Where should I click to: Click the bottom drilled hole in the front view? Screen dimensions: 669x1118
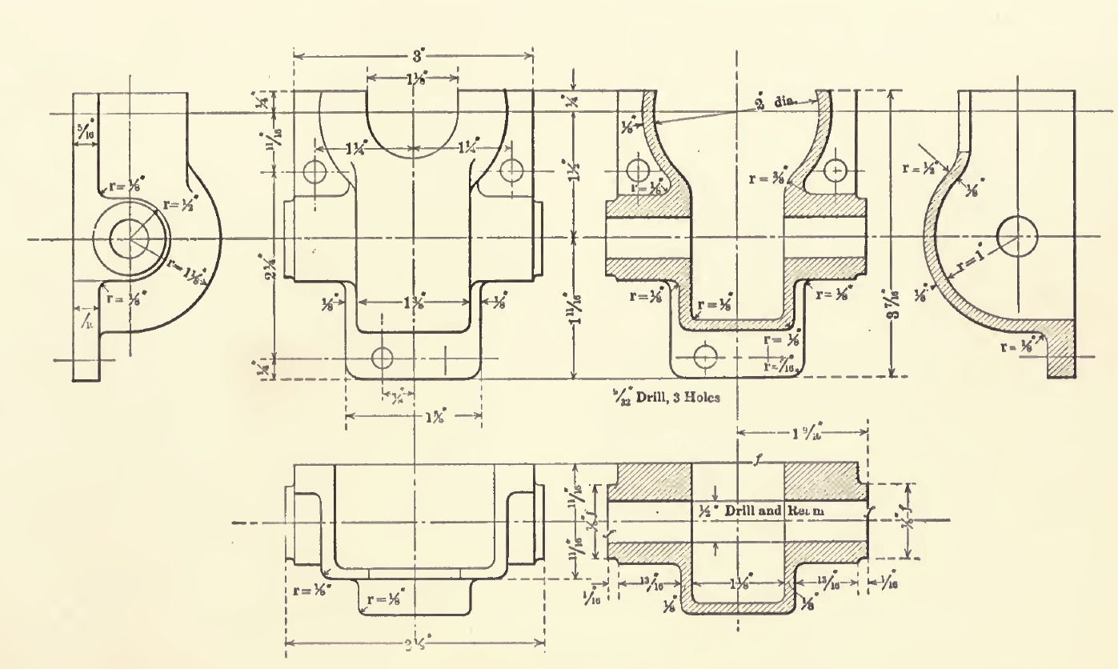click(383, 356)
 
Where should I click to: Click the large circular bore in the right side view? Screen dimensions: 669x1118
click(1017, 236)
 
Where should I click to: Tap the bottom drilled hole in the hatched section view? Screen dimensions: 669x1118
click(705, 355)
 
